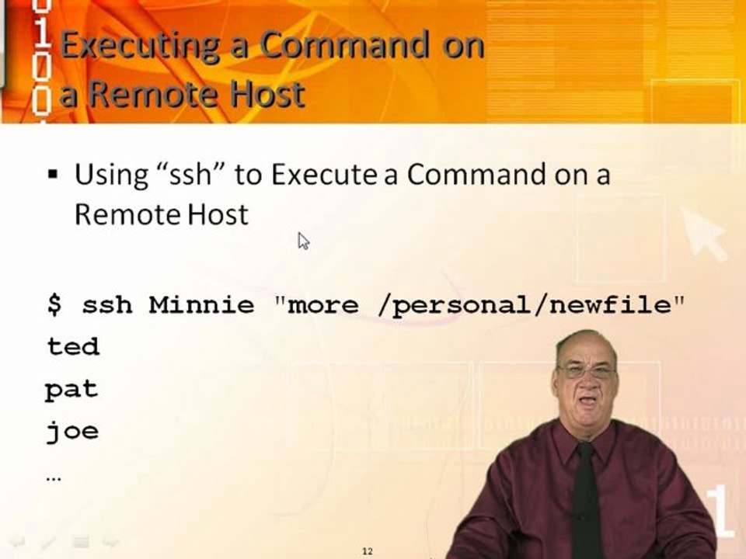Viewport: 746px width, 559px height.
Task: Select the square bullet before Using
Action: pyautogui.click(x=53, y=175)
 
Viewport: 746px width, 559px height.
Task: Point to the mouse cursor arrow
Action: pyautogui.click(x=303, y=241)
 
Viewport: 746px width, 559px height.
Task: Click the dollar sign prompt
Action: pyautogui.click(x=54, y=304)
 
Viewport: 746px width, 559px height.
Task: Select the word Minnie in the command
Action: pyautogui.click(x=201, y=304)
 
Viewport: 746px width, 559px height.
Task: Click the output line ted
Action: pyautogui.click(x=73, y=346)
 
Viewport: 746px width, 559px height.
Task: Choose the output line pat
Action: pyautogui.click(x=71, y=389)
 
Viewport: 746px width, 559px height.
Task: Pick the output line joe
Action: pyautogui.click(x=72, y=431)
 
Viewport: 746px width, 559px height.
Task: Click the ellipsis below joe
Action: pyautogui.click(x=54, y=477)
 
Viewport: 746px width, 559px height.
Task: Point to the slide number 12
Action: pyautogui.click(x=368, y=551)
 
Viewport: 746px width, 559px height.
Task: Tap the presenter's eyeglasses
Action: pyautogui.click(x=586, y=372)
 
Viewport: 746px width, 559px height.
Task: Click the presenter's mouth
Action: pyautogui.click(x=587, y=401)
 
